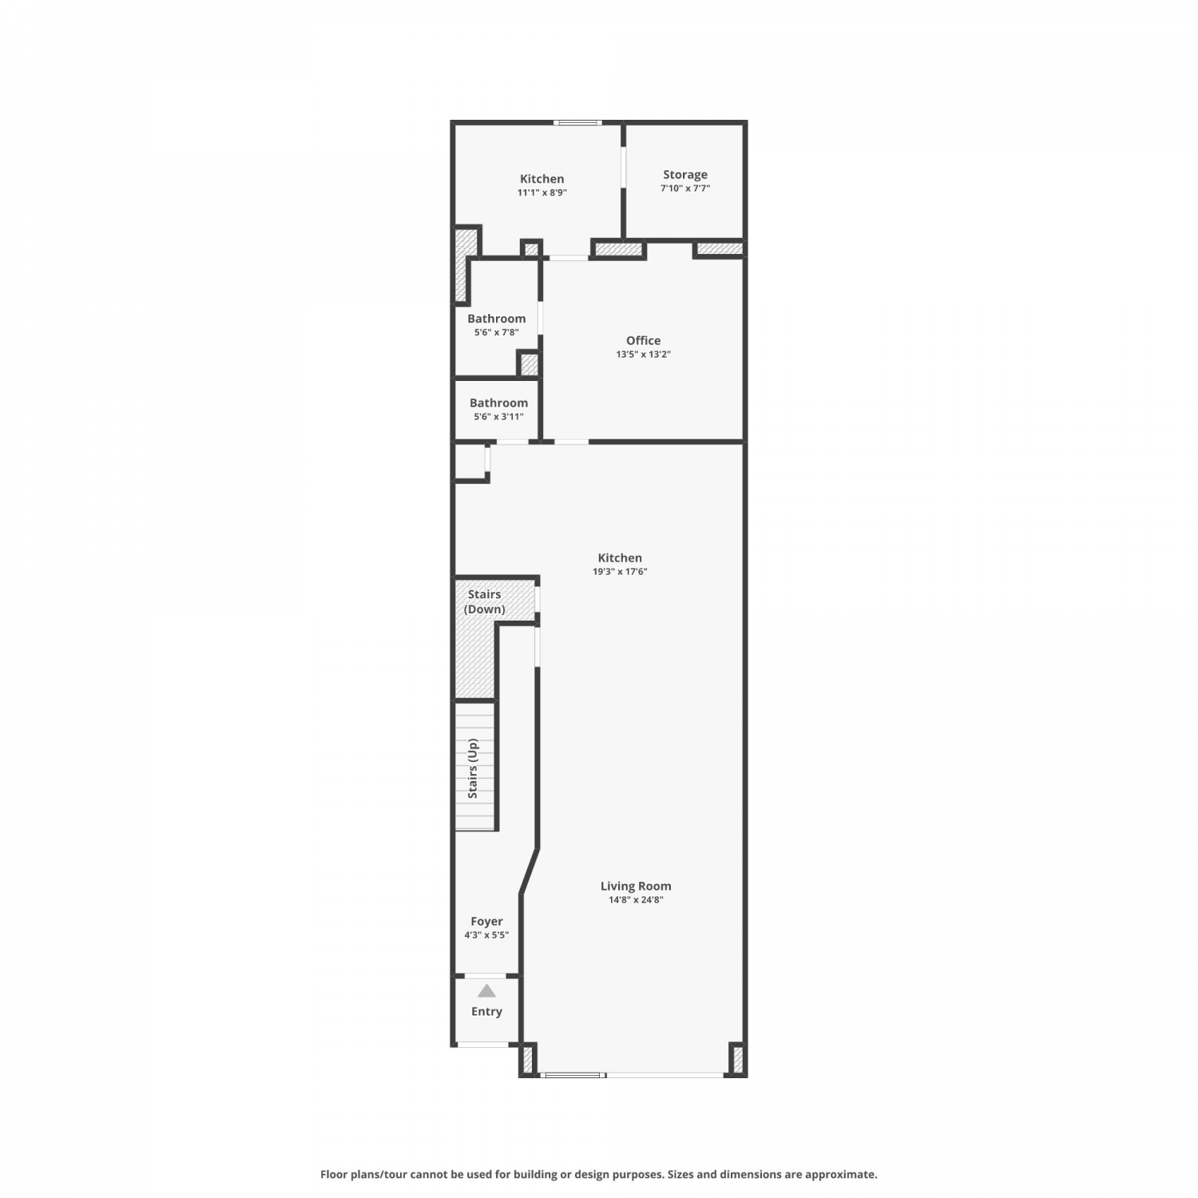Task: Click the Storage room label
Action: click(x=685, y=174)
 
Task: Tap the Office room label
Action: click(x=643, y=340)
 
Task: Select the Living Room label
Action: click(x=636, y=886)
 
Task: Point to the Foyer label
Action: click(x=486, y=922)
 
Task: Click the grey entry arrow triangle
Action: click(x=486, y=991)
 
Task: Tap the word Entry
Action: click(x=486, y=1012)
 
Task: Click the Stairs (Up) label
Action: click(x=473, y=768)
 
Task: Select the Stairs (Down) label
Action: click(x=485, y=601)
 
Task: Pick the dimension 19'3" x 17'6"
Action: click(x=620, y=572)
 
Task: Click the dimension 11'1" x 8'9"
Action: click(x=542, y=192)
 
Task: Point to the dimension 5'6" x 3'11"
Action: click(x=498, y=417)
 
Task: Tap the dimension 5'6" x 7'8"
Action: click(x=497, y=332)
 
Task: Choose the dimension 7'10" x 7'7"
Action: click(x=685, y=188)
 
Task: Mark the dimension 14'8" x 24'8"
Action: click(x=636, y=900)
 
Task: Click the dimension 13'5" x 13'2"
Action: click(x=643, y=355)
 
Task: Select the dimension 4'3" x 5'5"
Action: click(x=486, y=935)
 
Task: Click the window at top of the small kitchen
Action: click(x=578, y=122)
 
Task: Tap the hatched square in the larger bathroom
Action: click(x=529, y=364)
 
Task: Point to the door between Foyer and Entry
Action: click(x=486, y=975)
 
